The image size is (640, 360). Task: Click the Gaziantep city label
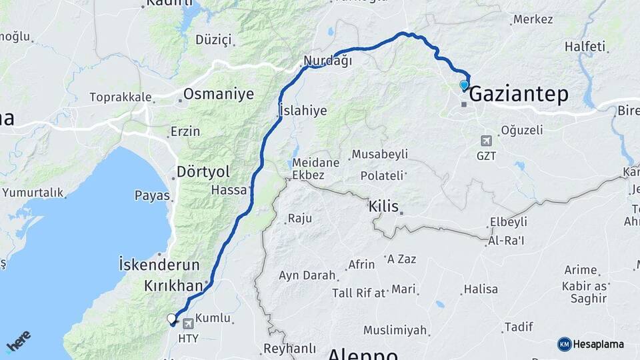point(519,95)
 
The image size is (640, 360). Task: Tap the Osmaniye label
point(219,94)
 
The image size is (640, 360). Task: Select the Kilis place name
point(383,207)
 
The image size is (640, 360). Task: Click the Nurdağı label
point(327,61)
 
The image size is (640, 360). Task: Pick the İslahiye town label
point(303,111)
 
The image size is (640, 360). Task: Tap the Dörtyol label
point(203,172)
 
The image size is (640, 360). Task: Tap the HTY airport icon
point(189,324)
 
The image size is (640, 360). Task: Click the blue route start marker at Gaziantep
point(464,85)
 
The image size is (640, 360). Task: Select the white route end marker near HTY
point(172,319)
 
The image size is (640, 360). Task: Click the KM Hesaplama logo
point(591,344)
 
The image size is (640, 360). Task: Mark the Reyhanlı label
point(289,348)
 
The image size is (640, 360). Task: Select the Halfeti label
point(585,47)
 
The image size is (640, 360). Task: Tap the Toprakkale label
point(121,97)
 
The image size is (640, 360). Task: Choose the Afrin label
point(361,265)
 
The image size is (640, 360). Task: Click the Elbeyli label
point(508,222)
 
